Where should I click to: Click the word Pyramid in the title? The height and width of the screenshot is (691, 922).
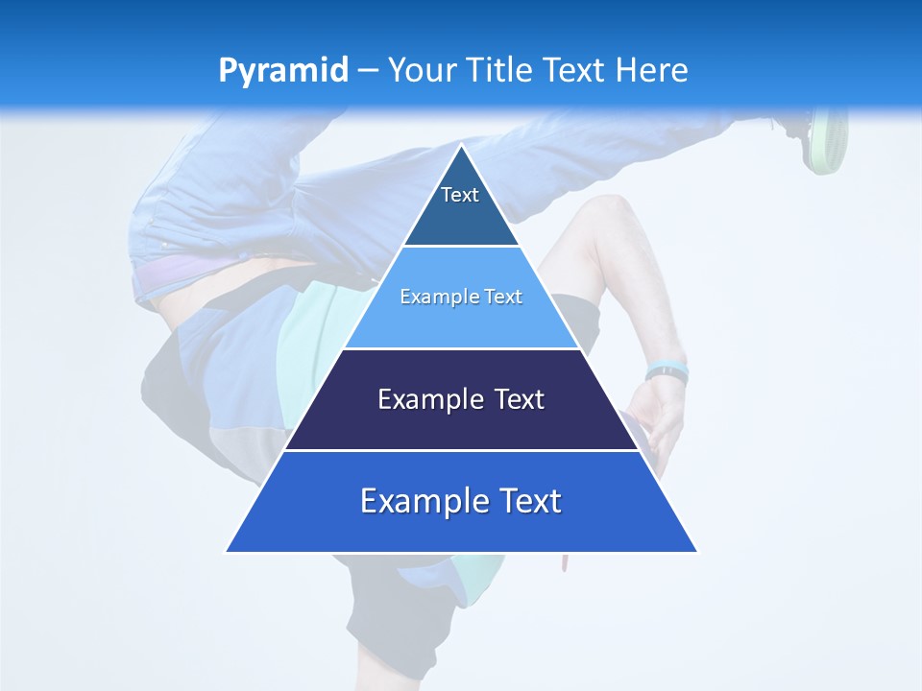(x=282, y=71)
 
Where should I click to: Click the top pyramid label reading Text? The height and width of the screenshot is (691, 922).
(x=460, y=195)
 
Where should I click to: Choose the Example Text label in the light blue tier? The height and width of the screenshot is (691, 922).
(x=461, y=297)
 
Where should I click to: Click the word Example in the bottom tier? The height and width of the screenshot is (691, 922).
(x=415, y=501)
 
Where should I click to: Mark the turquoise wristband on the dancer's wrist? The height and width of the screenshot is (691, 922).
(x=666, y=370)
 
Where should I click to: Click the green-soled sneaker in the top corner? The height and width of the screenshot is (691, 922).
(x=824, y=139)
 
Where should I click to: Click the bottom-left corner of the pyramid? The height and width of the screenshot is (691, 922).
(x=228, y=551)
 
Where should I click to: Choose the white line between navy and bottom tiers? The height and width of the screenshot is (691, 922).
(x=461, y=450)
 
